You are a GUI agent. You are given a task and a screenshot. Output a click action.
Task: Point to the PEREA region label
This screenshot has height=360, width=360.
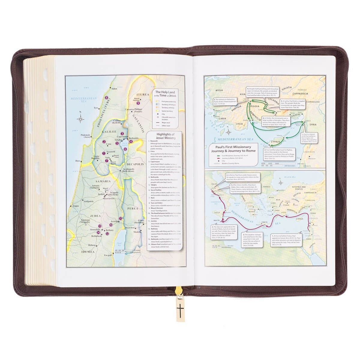(x=132, y=208)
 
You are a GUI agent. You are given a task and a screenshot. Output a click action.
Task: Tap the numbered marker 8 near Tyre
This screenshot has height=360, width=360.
(x=106, y=98)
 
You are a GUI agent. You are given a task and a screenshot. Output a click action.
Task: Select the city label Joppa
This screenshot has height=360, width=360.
(x=75, y=206)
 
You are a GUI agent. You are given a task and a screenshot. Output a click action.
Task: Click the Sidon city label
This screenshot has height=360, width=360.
(x=114, y=89)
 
